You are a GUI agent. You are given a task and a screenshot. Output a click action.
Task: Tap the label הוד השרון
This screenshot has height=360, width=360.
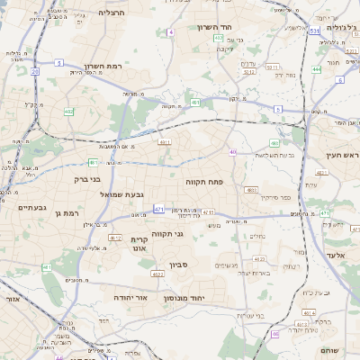tap(215, 27)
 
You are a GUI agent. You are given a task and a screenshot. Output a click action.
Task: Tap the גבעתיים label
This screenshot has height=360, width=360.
tap(31, 208)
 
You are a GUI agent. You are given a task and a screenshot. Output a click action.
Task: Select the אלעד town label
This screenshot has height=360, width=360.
tap(336, 256)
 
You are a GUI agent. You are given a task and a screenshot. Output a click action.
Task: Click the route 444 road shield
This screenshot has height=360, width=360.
tap(317, 68)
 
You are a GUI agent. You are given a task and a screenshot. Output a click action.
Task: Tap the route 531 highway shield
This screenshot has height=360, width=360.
tap(314, 30)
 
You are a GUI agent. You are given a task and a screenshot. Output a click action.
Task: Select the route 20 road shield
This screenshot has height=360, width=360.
tap(34, 71)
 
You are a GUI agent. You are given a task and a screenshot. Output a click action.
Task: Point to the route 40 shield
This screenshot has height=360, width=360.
tap(232, 152)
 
